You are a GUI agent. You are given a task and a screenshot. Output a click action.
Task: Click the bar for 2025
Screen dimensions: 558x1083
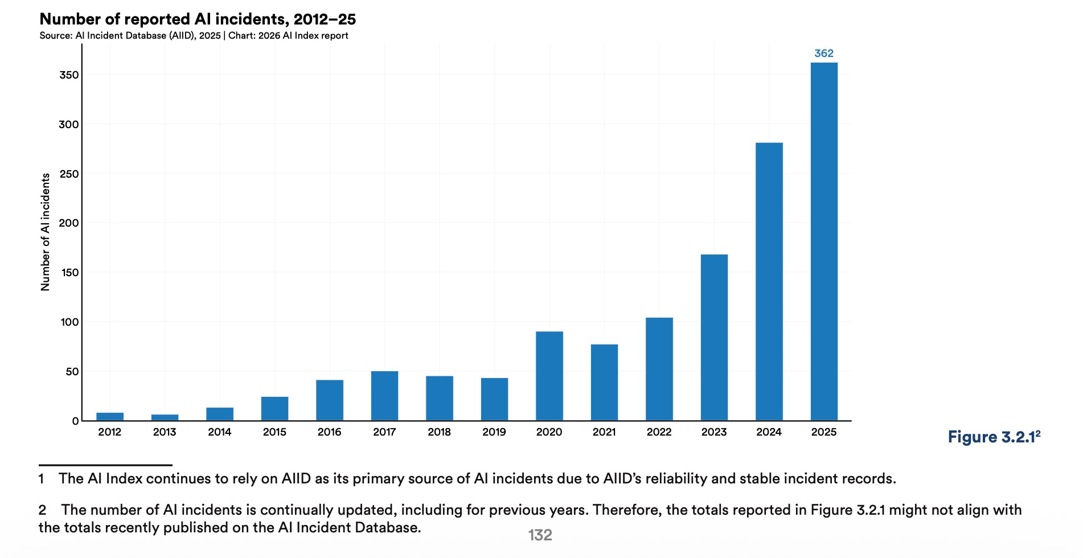pos(823,242)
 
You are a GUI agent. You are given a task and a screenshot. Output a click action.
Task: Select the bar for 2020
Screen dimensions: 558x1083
pos(549,376)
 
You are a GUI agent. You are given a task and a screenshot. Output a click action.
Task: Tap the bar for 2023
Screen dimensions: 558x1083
pos(713,337)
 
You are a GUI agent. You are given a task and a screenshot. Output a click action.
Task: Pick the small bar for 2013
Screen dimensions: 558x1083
pos(165,417)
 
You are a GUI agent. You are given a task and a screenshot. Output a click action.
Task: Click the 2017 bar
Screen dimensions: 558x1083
pos(384,396)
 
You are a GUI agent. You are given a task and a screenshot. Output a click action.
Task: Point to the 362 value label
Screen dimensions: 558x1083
pos(823,54)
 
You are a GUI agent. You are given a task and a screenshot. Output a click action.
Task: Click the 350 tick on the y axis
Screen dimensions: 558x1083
pos(69,75)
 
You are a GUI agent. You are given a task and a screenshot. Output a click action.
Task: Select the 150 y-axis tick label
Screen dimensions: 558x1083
pos(69,273)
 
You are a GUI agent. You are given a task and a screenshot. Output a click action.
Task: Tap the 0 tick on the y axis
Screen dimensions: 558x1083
pos(75,421)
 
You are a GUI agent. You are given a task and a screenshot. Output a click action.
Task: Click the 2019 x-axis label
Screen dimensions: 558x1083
pos(494,432)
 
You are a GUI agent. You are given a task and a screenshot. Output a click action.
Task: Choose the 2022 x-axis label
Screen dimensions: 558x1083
pos(659,432)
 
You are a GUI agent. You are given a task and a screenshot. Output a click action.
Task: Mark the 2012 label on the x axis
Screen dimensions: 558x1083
pos(109,432)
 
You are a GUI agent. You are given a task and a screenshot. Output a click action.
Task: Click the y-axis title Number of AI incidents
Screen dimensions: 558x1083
pos(46,232)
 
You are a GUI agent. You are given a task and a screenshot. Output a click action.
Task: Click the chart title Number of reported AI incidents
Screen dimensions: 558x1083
pos(198,19)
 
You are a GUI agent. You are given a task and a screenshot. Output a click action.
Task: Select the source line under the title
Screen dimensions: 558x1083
pos(194,36)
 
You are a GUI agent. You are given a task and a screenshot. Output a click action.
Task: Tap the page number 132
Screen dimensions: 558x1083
pos(540,535)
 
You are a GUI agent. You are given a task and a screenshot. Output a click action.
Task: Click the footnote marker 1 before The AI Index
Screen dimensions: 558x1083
pos(42,479)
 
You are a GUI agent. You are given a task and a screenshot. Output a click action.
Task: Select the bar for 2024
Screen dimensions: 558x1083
pos(769,282)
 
